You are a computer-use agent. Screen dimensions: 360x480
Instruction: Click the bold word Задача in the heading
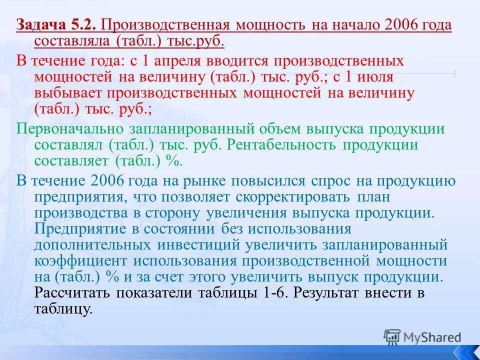point(39,25)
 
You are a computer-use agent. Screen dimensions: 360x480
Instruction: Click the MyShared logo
point(422,337)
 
